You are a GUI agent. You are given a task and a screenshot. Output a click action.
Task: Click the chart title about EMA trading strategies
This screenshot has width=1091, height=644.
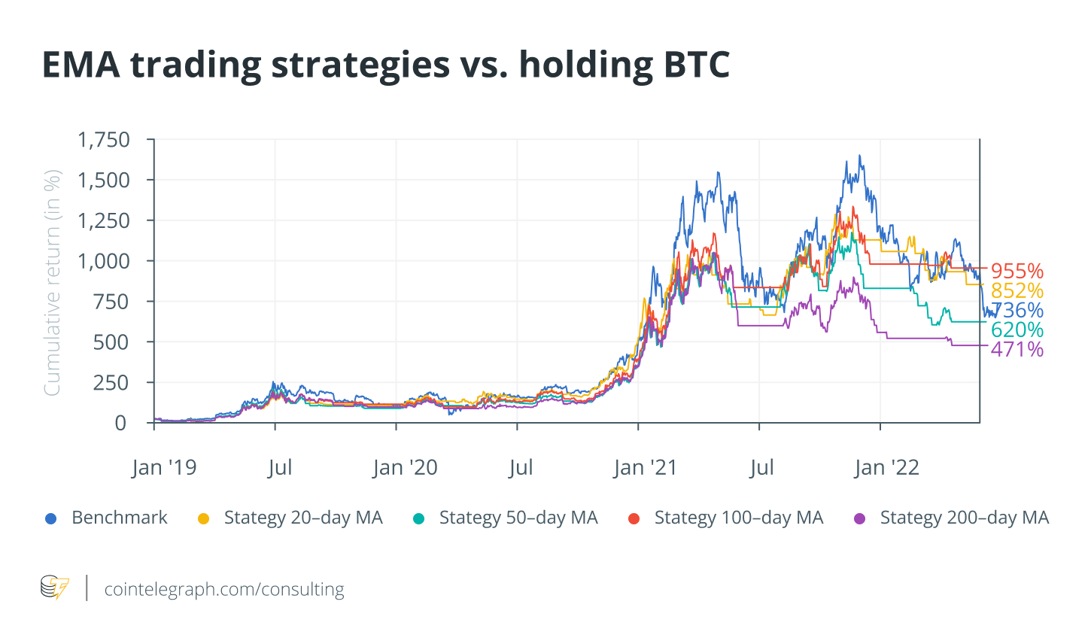[x=385, y=65]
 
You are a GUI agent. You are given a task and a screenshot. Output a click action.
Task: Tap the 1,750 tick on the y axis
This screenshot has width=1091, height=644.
[x=104, y=140]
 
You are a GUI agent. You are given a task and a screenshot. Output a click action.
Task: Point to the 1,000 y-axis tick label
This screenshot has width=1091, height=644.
[x=104, y=261]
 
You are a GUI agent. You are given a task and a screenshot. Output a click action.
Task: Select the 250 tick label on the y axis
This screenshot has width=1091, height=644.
[x=111, y=382]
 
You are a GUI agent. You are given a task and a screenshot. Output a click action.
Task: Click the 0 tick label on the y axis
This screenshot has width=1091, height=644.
[x=120, y=423]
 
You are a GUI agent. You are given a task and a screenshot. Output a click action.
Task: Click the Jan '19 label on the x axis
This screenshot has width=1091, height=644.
[x=164, y=468]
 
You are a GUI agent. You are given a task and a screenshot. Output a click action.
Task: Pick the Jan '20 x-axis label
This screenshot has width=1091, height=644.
[x=405, y=468]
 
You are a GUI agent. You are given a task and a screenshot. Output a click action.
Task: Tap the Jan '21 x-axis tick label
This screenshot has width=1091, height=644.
[x=646, y=468]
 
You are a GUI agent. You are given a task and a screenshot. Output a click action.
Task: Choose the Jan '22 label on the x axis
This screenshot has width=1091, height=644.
[x=886, y=468]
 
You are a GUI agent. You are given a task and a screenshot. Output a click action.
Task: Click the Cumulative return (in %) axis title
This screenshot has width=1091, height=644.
[x=52, y=283]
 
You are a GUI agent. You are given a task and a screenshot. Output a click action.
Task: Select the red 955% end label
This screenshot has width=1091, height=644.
[x=1017, y=271]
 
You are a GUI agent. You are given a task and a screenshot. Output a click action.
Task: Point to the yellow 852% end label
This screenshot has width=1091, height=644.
[x=1017, y=290]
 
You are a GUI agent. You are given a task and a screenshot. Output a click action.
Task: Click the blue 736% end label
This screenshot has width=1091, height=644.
[x=1017, y=310]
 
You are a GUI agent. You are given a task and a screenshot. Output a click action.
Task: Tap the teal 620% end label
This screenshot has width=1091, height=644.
[x=1017, y=330]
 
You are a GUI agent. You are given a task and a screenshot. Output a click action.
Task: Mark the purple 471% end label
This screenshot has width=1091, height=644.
[x=1017, y=349]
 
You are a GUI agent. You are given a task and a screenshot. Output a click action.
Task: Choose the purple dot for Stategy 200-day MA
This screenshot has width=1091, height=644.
[x=860, y=518]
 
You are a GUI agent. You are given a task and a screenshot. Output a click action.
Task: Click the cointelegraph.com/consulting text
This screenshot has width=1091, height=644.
[x=224, y=589]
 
